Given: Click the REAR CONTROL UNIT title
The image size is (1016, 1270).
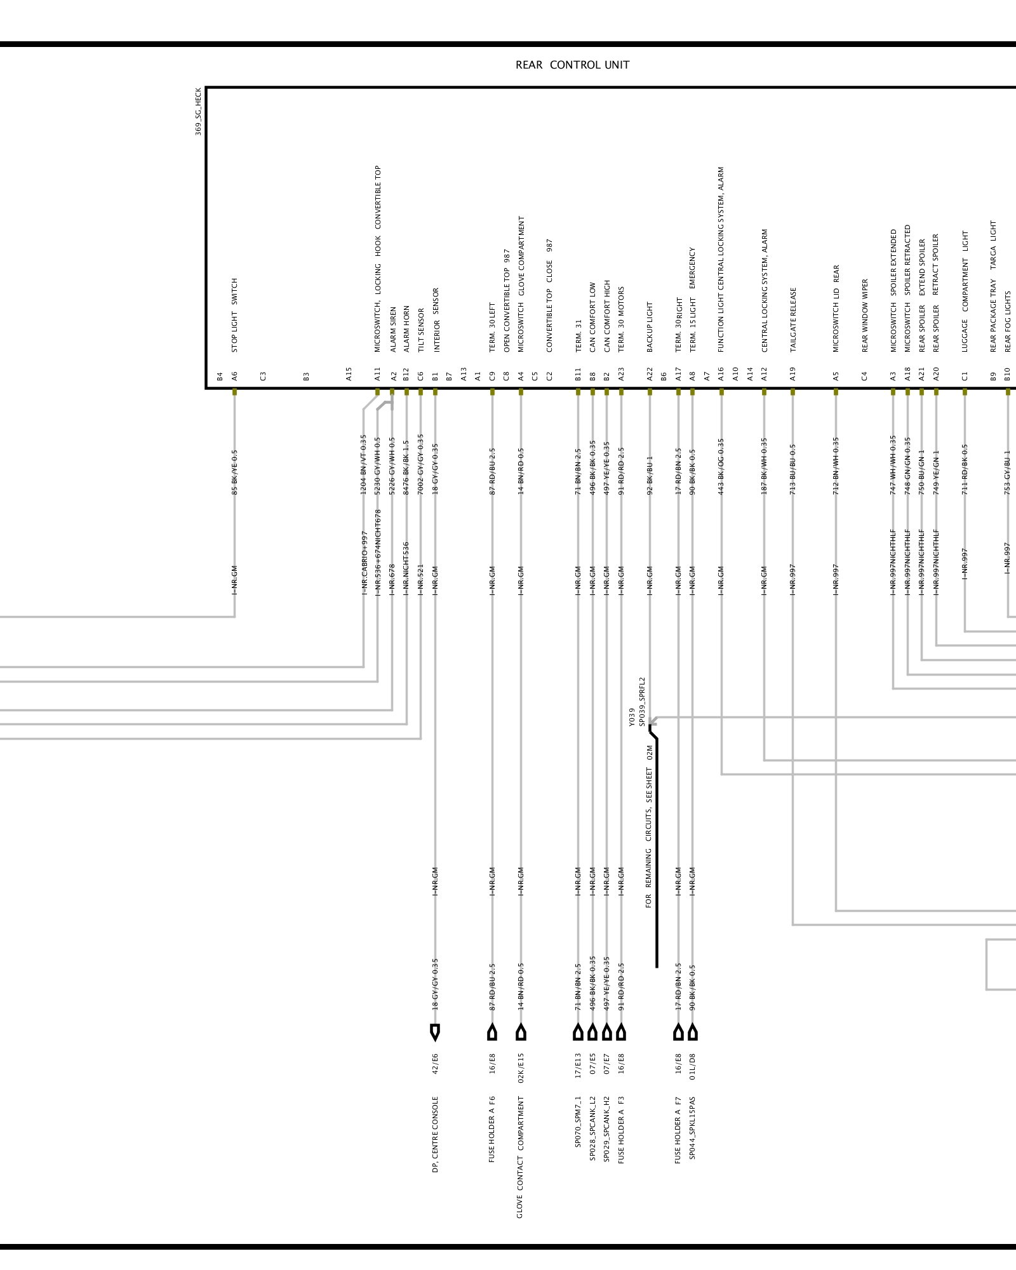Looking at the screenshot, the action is (x=572, y=65).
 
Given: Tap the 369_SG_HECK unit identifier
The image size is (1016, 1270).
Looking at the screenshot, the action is (x=198, y=111).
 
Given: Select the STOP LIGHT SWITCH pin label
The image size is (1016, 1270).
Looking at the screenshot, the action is (x=234, y=315).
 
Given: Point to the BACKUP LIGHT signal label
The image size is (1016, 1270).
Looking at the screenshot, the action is (x=650, y=326).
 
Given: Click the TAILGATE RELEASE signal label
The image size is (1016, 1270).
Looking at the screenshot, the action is (x=793, y=319).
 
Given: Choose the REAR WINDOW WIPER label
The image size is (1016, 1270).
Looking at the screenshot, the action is (x=864, y=316).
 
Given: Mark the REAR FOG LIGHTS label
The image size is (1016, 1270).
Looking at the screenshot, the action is (x=1008, y=322).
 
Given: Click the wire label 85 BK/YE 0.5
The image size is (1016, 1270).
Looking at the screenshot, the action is (x=234, y=472).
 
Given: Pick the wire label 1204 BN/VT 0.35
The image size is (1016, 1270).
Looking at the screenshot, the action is (x=364, y=464).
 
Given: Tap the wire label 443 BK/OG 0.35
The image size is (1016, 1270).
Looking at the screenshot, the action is (x=721, y=466).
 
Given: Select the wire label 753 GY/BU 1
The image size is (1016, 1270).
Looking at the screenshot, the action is (x=1008, y=472).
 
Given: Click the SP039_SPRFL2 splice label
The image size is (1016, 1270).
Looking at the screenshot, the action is (x=642, y=701).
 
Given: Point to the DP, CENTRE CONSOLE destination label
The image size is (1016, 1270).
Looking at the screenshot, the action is (x=436, y=1133).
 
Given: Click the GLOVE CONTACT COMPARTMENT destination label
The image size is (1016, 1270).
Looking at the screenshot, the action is (x=521, y=1156).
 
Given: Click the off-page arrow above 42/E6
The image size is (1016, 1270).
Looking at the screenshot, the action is (x=435, y=1032).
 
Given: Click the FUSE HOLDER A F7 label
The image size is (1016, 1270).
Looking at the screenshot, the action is (x=678, y=1130).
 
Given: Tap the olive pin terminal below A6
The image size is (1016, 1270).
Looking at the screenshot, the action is (x=234, y=392).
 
